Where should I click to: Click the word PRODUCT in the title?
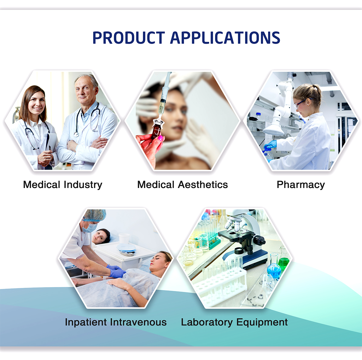(x=129, y=38)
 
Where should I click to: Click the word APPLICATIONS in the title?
(x=225, y=38)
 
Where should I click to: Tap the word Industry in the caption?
(x=83, y=185)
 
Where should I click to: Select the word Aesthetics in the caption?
(x=203, y=184)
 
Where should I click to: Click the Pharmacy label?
(x=301, y=185)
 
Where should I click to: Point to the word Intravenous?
(x=138, y=322)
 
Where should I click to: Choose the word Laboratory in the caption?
(x=207, y=323)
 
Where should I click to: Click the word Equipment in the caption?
(x=262, y=323)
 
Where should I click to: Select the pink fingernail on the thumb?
(x=160, y=138)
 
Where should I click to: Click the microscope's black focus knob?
(x=259, y=241)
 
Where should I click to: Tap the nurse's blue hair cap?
(x=95, y=215)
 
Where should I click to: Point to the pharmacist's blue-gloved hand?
(x=270, y=145)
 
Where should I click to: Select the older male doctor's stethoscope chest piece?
(x=76, y=134)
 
